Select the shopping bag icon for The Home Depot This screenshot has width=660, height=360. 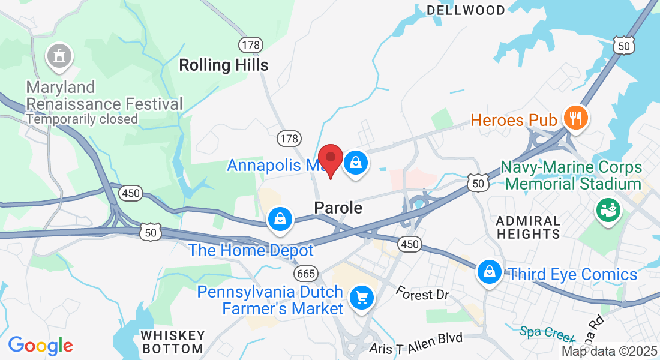click(x=280, y=218)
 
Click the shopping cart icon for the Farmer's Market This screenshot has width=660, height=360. click(x=361, y=297)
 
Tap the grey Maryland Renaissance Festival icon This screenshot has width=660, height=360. click(x=59, y=56)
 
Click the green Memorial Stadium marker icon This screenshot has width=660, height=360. click(x=608, y=209)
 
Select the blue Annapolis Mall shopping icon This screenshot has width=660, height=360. click(x=356, y=161)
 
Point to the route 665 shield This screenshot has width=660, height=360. click(x=305, y=274)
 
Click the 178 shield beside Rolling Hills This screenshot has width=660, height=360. click(x=250, y=44)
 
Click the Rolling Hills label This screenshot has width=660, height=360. click(x=224, y=65)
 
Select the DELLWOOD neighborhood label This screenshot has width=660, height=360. click(x=466, y=10)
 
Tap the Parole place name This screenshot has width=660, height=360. click(x=338, y=208)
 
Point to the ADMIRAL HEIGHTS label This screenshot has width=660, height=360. click(x=529, y=227)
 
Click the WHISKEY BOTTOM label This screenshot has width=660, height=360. click(x=173, y=341)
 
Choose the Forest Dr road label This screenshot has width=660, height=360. click(x=422, y=294)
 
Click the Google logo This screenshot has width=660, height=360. click(x=40, y=346)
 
